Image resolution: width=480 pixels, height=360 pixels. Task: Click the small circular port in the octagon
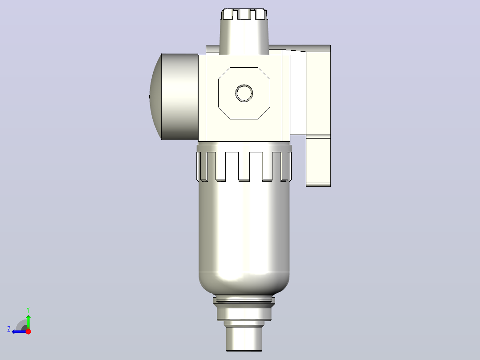[x=244, y=93]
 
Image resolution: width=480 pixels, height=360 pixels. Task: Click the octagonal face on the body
[x=244, y=93]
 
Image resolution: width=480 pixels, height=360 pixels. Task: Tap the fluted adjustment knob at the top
[x=244, y=14]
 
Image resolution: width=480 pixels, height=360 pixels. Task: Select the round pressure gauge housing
[x=179, y=97]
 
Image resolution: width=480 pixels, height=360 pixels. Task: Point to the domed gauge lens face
[x=155, y=97]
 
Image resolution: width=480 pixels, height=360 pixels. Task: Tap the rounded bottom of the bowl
[x=244, y=284]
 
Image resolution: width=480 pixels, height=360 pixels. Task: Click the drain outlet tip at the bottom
[x=244, y=339]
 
